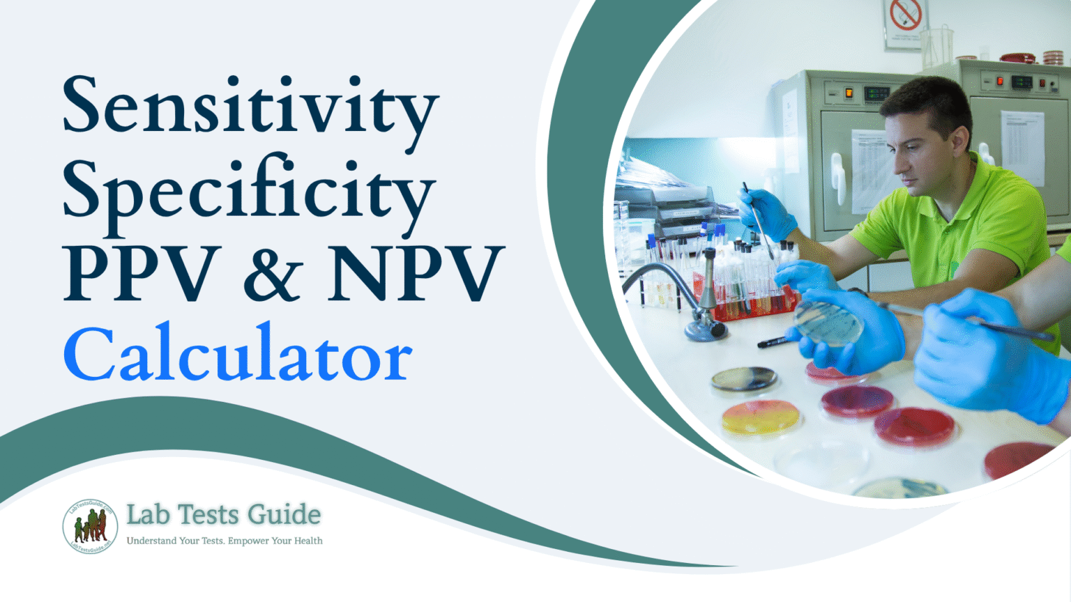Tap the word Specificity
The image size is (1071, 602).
[250, 190]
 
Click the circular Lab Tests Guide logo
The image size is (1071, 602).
[90, 526]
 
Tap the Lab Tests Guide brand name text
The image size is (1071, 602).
[223, 515]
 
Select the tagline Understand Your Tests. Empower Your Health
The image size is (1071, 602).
[225, 541]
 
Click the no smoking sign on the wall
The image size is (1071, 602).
[905, 15]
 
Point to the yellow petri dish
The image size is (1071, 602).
[760, 417]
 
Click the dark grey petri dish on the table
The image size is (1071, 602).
[744, 380]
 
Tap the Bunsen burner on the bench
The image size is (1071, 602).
[707, 307]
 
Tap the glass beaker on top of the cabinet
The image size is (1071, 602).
[938, 45]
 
